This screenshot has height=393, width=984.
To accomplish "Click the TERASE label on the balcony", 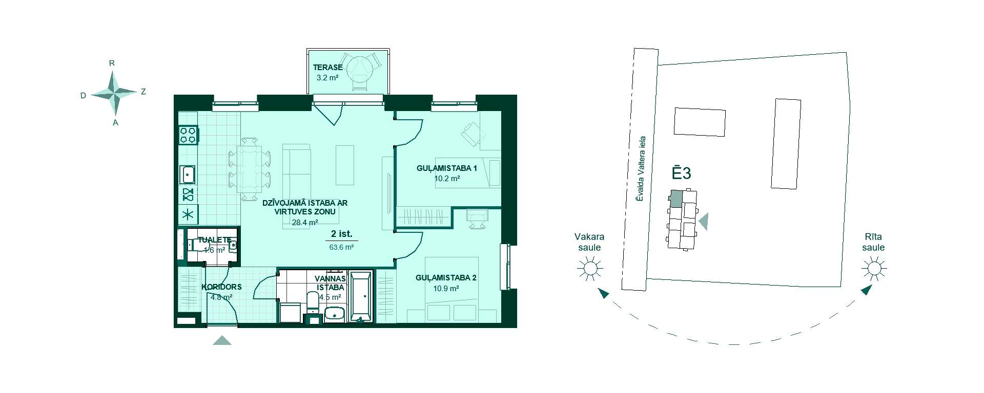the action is tap(327, 68).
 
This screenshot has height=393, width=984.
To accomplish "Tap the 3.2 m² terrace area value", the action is tap(327, 78).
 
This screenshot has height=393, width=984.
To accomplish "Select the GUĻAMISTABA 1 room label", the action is tap(447, 168).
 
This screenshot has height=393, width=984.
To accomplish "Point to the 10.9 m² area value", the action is tap(445, 289).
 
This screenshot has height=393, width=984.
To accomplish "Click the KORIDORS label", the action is tap(221, 287).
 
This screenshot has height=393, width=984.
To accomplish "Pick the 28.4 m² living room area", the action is tap(305, 223).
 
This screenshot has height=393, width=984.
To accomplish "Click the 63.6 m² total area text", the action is tap(341, 247).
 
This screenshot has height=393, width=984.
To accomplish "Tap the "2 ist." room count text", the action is tap(341, 234).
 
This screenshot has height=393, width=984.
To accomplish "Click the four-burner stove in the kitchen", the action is tap(188, 135).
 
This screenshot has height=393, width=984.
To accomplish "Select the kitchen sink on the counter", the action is tap(188, 174).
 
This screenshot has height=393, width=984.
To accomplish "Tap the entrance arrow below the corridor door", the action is tap(222, 340).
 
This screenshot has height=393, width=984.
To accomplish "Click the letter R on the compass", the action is tap(112, 63).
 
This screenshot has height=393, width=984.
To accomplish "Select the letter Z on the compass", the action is tap(143, 92).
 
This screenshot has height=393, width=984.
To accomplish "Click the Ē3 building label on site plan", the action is tap(682, 173).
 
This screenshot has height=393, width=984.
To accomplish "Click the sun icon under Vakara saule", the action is tap(589, 268).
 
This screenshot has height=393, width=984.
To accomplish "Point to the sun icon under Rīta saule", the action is tap(874, 268).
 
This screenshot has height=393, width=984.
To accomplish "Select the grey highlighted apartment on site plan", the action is tap(676, 199).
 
